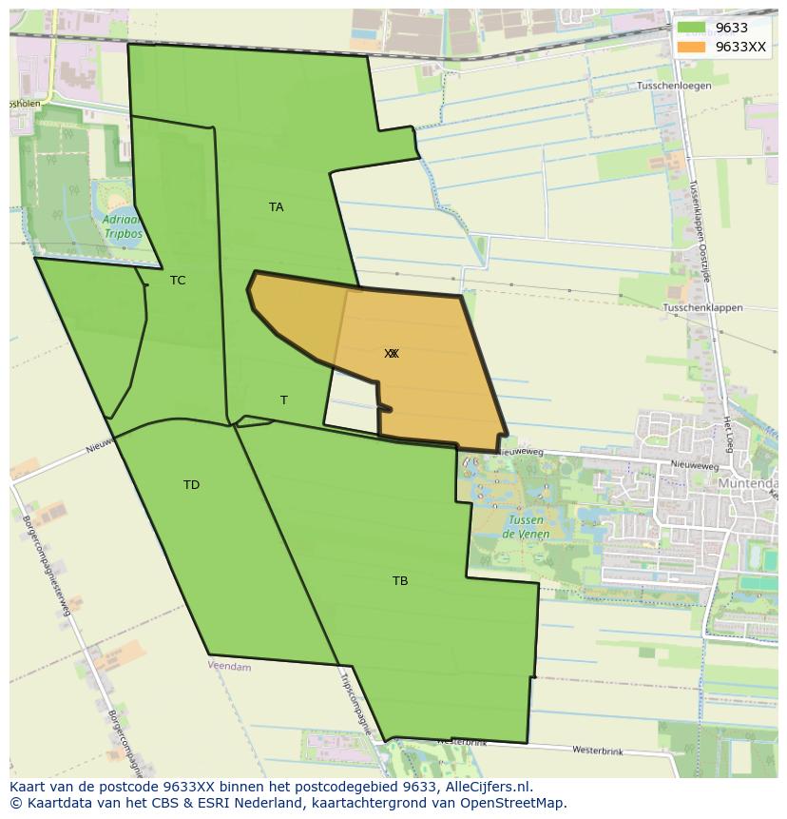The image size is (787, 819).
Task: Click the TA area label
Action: coord(276,207)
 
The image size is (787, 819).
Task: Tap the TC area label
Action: coord(178,281)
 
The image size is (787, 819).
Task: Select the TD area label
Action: coord(191,485)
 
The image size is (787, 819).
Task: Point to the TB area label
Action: coord(400,581)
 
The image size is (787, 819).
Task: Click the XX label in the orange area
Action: coord(392,354)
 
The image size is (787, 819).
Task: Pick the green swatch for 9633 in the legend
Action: coord(691,28)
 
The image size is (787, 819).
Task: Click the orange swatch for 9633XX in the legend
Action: coord(691,47)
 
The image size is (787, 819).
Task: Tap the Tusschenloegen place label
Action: coord(674,86)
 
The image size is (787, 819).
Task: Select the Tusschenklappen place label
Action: coord(702,308)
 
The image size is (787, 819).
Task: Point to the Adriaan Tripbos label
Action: coord(122,225)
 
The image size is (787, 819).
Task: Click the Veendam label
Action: coord(229,667)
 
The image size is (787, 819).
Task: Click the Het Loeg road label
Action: coord(727,434)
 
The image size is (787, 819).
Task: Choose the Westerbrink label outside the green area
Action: coord(597,751)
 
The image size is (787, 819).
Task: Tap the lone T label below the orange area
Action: coord(283,400)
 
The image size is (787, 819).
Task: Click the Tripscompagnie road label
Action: coord(353,703)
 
